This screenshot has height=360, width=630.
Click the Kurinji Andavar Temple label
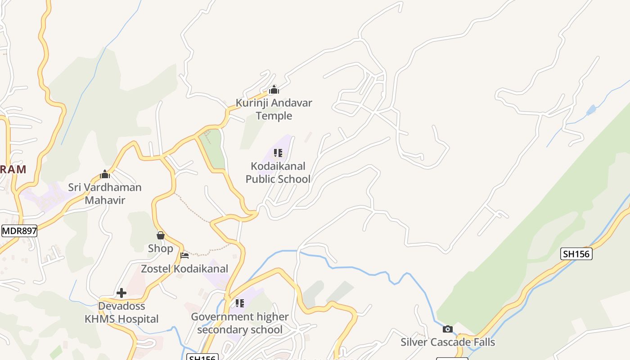[274, 109]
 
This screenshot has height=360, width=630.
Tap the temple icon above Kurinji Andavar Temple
[274, 90]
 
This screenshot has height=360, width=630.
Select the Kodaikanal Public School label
[278, 172]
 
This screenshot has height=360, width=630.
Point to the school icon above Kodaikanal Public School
[278, 153]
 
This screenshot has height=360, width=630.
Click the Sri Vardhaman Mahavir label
[105, 193]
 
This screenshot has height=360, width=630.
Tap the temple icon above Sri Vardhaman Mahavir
[105, 174]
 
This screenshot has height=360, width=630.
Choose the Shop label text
[160, 248]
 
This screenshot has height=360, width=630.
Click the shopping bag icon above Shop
[160, 235]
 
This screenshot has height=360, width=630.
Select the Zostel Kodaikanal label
[184, 269]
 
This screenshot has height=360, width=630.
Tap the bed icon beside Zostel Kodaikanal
[184, 256]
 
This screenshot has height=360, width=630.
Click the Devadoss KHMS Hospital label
[121, 312]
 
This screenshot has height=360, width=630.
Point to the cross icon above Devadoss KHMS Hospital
[121, 293]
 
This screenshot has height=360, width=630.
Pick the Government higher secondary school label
[239, 323]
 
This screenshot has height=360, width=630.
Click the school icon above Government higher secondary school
[239, 303]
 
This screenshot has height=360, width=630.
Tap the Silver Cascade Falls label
[448, 342]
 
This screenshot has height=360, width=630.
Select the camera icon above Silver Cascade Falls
[447, 329]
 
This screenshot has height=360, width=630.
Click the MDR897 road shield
[19, 231]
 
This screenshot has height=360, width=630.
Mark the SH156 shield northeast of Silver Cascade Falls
[576, 254]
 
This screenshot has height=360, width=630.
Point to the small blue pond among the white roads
[591, 110]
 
